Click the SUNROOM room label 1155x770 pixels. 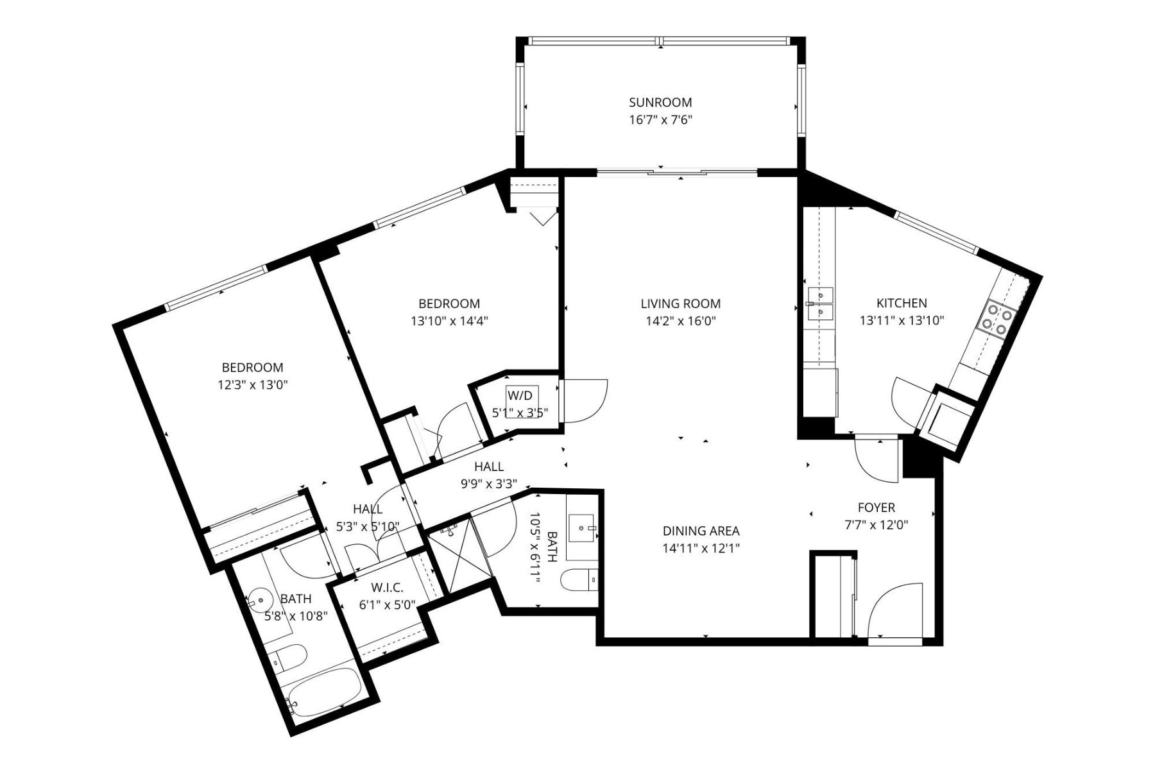[660, 102]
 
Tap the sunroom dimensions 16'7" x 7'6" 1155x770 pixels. [660, 120]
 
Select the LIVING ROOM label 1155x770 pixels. [680, 304]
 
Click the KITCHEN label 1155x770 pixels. [902, 303]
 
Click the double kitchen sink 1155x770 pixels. [820, 304]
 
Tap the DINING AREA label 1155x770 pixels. [701, 531]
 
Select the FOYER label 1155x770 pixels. [876, 508]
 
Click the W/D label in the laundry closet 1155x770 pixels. [518, 394]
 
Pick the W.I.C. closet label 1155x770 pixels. [387, 587]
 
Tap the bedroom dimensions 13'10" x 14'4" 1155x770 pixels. [449, 321]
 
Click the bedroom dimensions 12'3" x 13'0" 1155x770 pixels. [252, 385]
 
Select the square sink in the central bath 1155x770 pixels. [583, 528]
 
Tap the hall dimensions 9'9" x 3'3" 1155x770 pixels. [489, 484]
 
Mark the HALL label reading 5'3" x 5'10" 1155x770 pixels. [368, 509]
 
